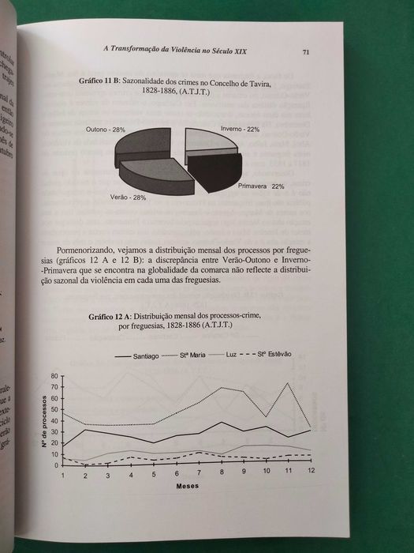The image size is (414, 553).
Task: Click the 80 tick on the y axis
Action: coord(54,376)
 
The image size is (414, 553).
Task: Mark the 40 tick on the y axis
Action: coord(54,421)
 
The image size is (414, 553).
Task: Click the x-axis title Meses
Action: coord(188,485)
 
